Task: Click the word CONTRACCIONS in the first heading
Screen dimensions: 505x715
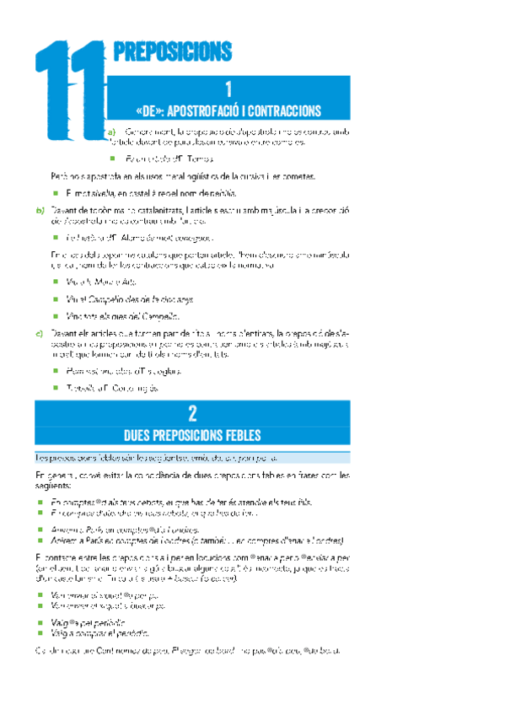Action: point(285,110)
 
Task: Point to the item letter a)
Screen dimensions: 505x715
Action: point(111,132)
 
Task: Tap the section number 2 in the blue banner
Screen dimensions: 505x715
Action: point(193,413)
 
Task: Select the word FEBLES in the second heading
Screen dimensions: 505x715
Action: point(243,435)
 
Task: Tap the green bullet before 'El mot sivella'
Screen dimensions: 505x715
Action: point(56,192)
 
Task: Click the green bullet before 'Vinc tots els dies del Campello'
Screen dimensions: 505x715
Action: point(56,315)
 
